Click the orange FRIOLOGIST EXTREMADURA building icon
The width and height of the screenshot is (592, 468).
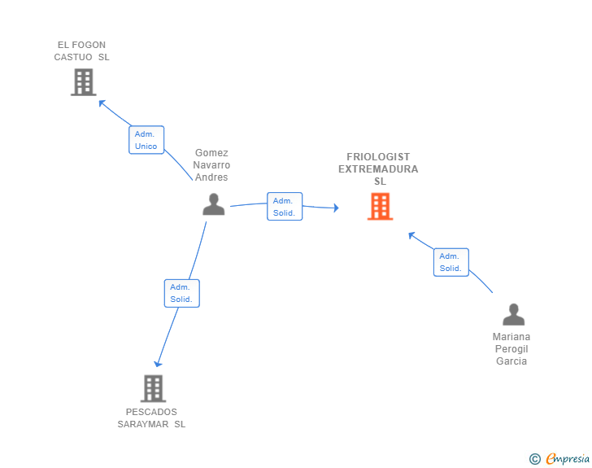click(381, 207)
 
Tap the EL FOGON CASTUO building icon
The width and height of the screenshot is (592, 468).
click(84, 82)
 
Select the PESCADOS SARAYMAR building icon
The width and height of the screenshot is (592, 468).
click(153, 388)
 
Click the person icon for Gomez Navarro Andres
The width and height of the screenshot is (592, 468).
click(214, 204)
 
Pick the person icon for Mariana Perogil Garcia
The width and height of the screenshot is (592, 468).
click(513, 314)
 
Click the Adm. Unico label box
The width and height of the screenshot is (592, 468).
click(146, 140)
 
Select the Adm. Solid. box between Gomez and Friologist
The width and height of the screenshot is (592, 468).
click(285, 207)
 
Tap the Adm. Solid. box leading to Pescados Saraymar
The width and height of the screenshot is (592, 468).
click(181, 293)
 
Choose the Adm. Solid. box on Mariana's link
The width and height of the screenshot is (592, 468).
click(451, 262)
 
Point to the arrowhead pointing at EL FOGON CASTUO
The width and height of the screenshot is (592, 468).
click(102, 103)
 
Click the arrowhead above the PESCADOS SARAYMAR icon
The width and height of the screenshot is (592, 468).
click(158, 364)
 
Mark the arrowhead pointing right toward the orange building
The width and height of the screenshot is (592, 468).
click(336, 208)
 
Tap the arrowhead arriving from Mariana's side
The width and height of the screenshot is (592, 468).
click(411, 235)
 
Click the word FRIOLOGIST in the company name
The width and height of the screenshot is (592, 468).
click(378, 157)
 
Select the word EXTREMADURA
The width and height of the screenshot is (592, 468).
click(378, 169)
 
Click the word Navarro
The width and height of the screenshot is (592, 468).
click(211, 165)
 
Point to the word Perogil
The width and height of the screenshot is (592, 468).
click(511, 349)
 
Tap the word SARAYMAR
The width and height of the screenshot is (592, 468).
click(143, 424)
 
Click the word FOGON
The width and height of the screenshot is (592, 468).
click(89, 45)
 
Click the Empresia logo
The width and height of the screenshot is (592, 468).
click(559, 458)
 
